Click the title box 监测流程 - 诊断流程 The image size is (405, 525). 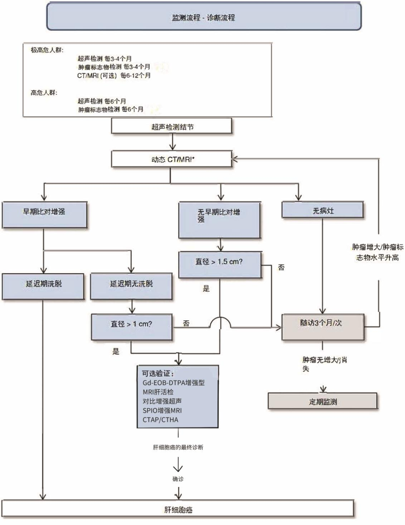click(x=204, y=17)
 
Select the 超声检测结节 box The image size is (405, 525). click(x=172, y=127)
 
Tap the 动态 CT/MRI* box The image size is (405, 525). click(x=172, y=159)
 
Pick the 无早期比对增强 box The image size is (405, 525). click(x=219, y=219)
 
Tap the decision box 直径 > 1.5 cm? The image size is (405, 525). click(x=219, y=264)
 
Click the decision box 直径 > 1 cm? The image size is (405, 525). click(x=131, y=327)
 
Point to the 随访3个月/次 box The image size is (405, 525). click(x=322, y=327)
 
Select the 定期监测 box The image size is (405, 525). click(x=322, y=402)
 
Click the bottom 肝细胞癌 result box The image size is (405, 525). click(x=178, y=509)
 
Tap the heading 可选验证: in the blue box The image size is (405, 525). click(x=157, y=373)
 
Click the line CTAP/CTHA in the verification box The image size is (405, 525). click(x=160, y=420)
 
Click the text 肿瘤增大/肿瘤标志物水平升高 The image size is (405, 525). click(x=377, y=252)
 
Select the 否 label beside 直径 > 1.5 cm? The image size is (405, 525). click(x=281, y=267)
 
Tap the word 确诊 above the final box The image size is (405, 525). click(x=178, y=479)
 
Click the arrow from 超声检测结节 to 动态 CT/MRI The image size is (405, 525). click(x=172, y=142)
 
